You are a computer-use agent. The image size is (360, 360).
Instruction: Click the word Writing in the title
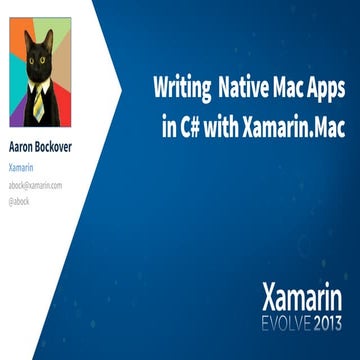pos(180,89)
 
